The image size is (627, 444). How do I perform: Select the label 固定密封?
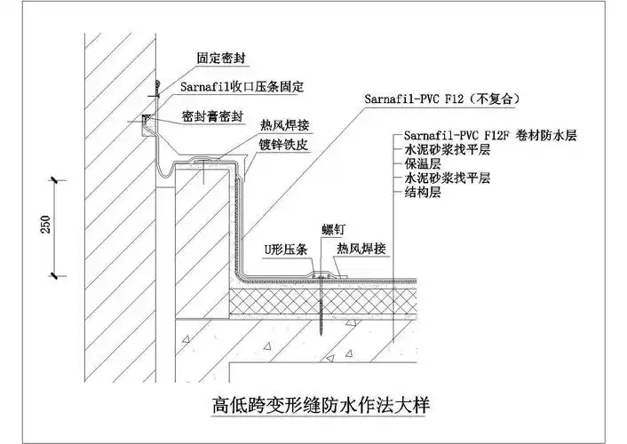221,58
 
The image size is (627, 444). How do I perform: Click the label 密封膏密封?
217,115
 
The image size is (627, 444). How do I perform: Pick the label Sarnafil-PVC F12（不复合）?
440,98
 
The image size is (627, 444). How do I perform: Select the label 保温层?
423,163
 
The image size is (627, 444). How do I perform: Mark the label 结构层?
423,192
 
